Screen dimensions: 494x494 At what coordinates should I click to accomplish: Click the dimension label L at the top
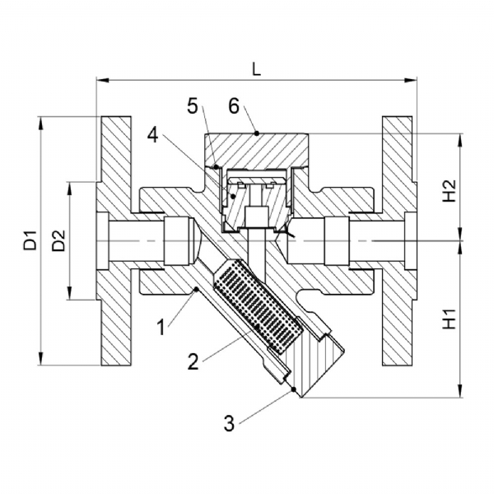coord(257,69)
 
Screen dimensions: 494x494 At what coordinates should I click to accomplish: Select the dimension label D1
coord(30,240)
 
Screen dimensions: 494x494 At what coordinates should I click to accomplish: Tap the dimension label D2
coord(58,240)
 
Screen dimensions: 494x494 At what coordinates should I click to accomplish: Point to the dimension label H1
coord(450,319)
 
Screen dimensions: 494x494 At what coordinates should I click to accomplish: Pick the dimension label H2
coord(450,191)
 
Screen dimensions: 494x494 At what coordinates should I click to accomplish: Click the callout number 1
coord(161,327)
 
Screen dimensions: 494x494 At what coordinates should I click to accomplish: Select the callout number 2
coord(193,361)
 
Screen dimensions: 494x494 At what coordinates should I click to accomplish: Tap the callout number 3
coord(229,423)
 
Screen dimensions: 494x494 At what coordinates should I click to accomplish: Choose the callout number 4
coord(153,136)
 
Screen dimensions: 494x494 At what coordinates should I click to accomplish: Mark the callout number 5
coord(193,106)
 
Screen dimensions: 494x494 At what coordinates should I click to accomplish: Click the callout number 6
coord(234,106)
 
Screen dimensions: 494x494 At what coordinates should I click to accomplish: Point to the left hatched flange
coord(115,240)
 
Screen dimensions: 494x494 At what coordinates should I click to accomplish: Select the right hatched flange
coord(398,240)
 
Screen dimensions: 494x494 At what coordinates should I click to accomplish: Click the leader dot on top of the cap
coord(257,133)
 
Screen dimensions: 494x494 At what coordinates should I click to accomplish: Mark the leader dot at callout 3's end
coord(294,389)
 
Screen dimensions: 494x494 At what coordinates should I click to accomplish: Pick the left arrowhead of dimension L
coord(102,80)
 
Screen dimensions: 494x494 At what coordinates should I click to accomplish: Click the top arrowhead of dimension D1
coord(40,123)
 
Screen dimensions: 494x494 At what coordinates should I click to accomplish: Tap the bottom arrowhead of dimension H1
coord(461,391)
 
